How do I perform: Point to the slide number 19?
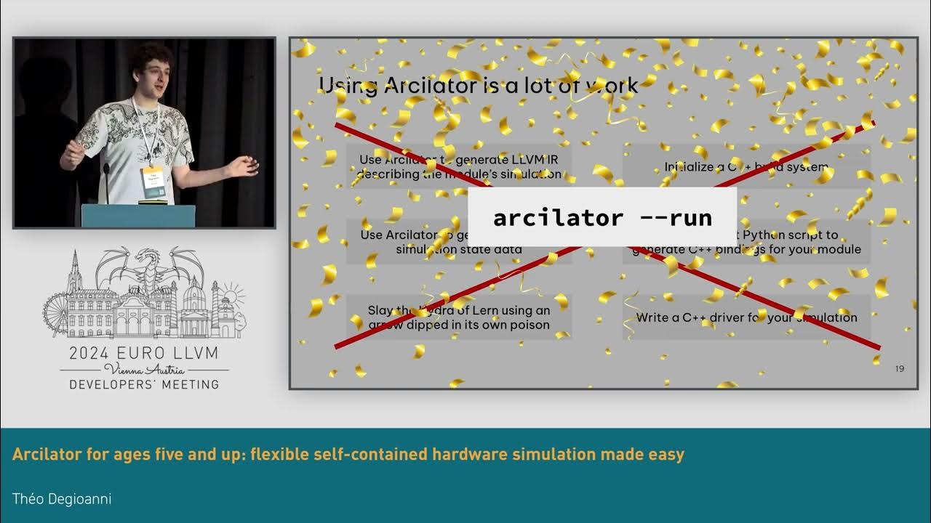(900, 369)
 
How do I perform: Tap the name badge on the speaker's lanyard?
(153, 181)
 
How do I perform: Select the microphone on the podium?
(106, 174)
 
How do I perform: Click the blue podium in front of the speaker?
(138, 216)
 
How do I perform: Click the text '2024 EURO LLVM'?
(143, 354)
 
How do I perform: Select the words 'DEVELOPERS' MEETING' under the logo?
(143, 384)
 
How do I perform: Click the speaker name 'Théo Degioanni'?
(62, 498)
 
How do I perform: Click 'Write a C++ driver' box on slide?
(746, 317)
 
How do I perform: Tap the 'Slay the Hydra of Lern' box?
(459, 317)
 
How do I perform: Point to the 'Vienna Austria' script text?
(143, 369)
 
